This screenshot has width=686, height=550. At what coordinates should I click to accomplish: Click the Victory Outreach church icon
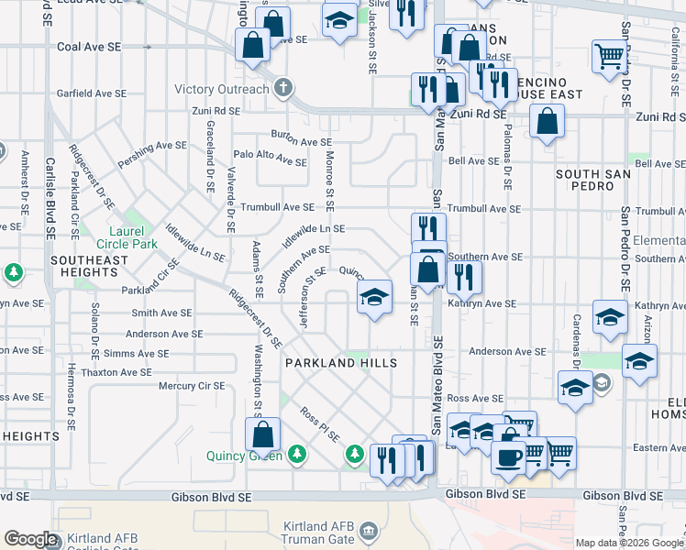point(284,90)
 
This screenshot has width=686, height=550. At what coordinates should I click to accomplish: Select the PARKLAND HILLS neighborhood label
point(341,363)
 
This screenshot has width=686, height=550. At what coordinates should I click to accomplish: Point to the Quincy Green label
point(243,455)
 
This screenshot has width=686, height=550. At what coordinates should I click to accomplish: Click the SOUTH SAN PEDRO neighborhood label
point(603,180)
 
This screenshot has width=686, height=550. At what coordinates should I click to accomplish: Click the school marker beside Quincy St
point(374,297)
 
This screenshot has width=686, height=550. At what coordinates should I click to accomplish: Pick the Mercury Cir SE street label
point(191,386)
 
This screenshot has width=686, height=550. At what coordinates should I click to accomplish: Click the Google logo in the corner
point(29,539)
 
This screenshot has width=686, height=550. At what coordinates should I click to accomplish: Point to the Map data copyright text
point(628,543)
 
